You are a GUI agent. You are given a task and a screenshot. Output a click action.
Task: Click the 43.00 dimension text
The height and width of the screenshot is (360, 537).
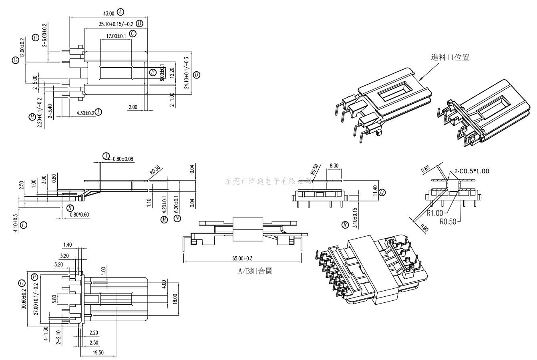pyautogui.click(x=109, y=13)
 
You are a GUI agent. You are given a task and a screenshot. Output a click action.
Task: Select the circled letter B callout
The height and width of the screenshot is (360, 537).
pyautogui.click(x=139, y=24)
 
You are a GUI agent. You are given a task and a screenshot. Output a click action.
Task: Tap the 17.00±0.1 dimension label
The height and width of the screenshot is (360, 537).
pyautogui.click(x=116, y=36)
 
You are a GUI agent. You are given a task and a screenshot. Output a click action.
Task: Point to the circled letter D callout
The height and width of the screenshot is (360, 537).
pyautogui.click(x=196, y=74)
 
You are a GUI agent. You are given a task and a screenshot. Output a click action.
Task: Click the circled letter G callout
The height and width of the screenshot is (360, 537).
pyautogui.click(x=16, y=60)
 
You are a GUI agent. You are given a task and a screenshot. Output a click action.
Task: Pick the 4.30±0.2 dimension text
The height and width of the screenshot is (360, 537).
pyautogui.click(x=85, y=113)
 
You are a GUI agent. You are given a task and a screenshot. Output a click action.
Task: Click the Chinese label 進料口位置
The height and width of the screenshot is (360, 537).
pyautogui.click(x=450, y=57)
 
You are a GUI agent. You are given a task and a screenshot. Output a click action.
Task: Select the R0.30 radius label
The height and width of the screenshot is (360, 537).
pyautogui.click(x=155, y=172)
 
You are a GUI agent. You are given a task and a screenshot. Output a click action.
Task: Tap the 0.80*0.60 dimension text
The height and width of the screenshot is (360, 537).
pyautogui.click(x=79, y=215)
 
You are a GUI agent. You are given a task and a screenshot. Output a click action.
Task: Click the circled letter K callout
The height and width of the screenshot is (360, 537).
pyautogui.click(x=70, y=207)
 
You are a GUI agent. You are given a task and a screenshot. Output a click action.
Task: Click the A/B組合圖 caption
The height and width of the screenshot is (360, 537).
pyautogui.click(x=255, y=271)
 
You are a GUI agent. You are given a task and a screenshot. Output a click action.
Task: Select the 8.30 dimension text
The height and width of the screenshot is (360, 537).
pyautogui.click(x=334, y=165)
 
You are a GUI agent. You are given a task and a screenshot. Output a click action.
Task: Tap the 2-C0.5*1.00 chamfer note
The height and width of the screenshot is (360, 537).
pyautogui.click(x=471, y=171)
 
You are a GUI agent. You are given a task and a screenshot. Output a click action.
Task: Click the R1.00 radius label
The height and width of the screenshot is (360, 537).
pyautogui.click(x=435, y=213)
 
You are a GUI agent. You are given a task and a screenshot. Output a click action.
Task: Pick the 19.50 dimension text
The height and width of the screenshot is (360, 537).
pyautogui.click(x=98, y=352)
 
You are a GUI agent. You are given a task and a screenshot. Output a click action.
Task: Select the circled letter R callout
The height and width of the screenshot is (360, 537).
pyautogui.click(x=345, y=225)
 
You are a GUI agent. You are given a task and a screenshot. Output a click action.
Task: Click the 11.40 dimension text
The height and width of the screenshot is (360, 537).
pyautogui.click(x=374, y=191)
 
